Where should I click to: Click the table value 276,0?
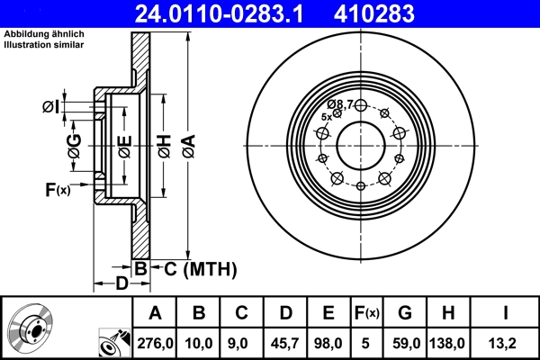(155, 342)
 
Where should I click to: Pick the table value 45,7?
(285, 342)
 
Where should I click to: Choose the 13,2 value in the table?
(506, 342)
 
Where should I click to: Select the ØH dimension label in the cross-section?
(163, 144)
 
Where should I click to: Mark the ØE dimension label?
(125, 144)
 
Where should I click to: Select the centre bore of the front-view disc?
(361, 144)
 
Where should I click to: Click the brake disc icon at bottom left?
(30, 329)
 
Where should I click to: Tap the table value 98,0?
(328, 342)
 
